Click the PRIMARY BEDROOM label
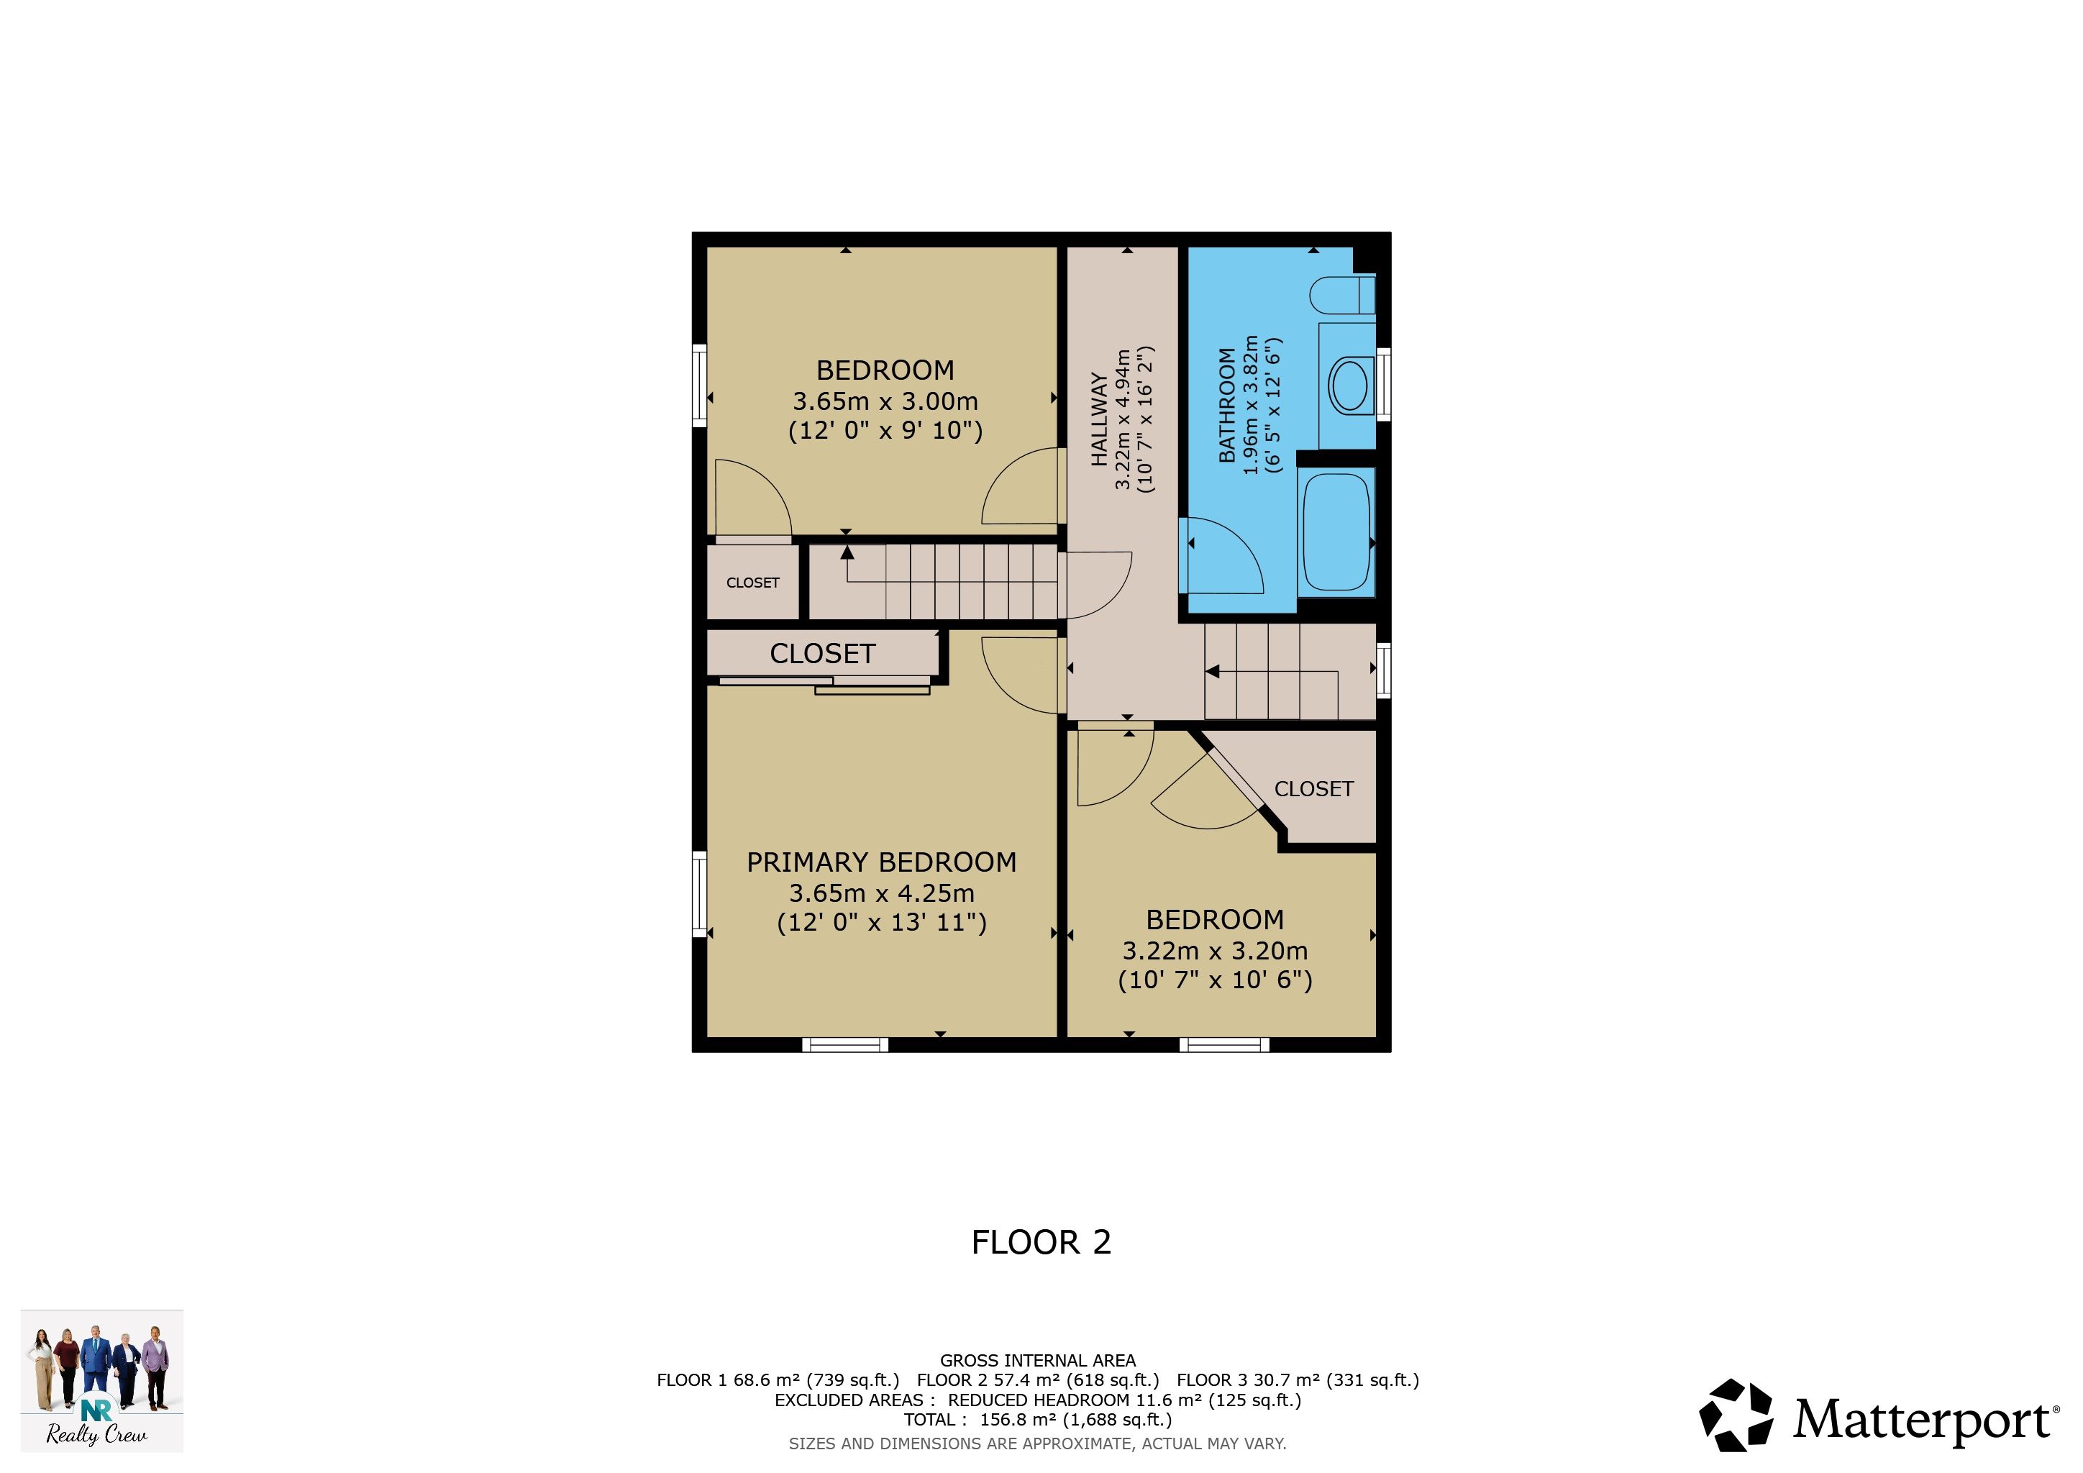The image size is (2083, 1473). pos(881,862)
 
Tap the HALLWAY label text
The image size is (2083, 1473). pos(1098,419)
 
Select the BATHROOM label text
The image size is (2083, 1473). pos(1226,406)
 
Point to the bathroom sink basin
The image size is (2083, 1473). pos(1350,386)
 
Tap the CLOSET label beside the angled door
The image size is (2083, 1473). pos(1313,789)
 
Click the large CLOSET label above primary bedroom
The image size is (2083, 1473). pos(822,654)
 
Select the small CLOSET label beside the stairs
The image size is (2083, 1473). pos(753,583)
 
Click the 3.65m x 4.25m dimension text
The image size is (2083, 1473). pos(881,893)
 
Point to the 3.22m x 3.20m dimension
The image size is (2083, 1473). pos(1215,951)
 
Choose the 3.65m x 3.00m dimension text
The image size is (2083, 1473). pos(885,401)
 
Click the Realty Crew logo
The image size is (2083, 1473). pos(101,1379)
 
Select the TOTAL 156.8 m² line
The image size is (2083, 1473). pos(1038,1420)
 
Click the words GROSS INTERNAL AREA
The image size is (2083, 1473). pos(1038,1361)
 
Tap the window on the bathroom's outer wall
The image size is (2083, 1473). pos(1384,383)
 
